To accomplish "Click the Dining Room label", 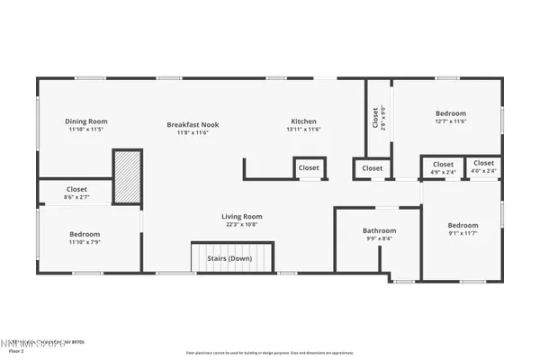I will [x=86, y=121].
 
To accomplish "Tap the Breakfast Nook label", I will [x=193, y=124].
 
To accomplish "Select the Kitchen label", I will [x=303, y=121].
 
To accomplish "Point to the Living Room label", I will [x=242, y=216].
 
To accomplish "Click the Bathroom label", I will [x=379, y=230].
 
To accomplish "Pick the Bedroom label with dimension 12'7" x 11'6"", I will [x=450, y=114].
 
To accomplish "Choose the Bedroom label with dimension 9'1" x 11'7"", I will [x=463, y=225].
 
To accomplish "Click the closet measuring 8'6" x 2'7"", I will [x=76, y=193].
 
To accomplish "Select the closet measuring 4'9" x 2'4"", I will [x=443, y=167].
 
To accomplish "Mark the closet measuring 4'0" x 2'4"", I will [x=483, y=167].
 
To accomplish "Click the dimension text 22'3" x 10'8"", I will [x=242, y=224].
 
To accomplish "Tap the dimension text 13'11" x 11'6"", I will [x=303, y=130].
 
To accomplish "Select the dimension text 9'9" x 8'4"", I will [x=379, y=238].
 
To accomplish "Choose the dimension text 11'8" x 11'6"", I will [x=193, y=132].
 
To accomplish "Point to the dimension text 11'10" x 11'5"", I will [x=86, y=130].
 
